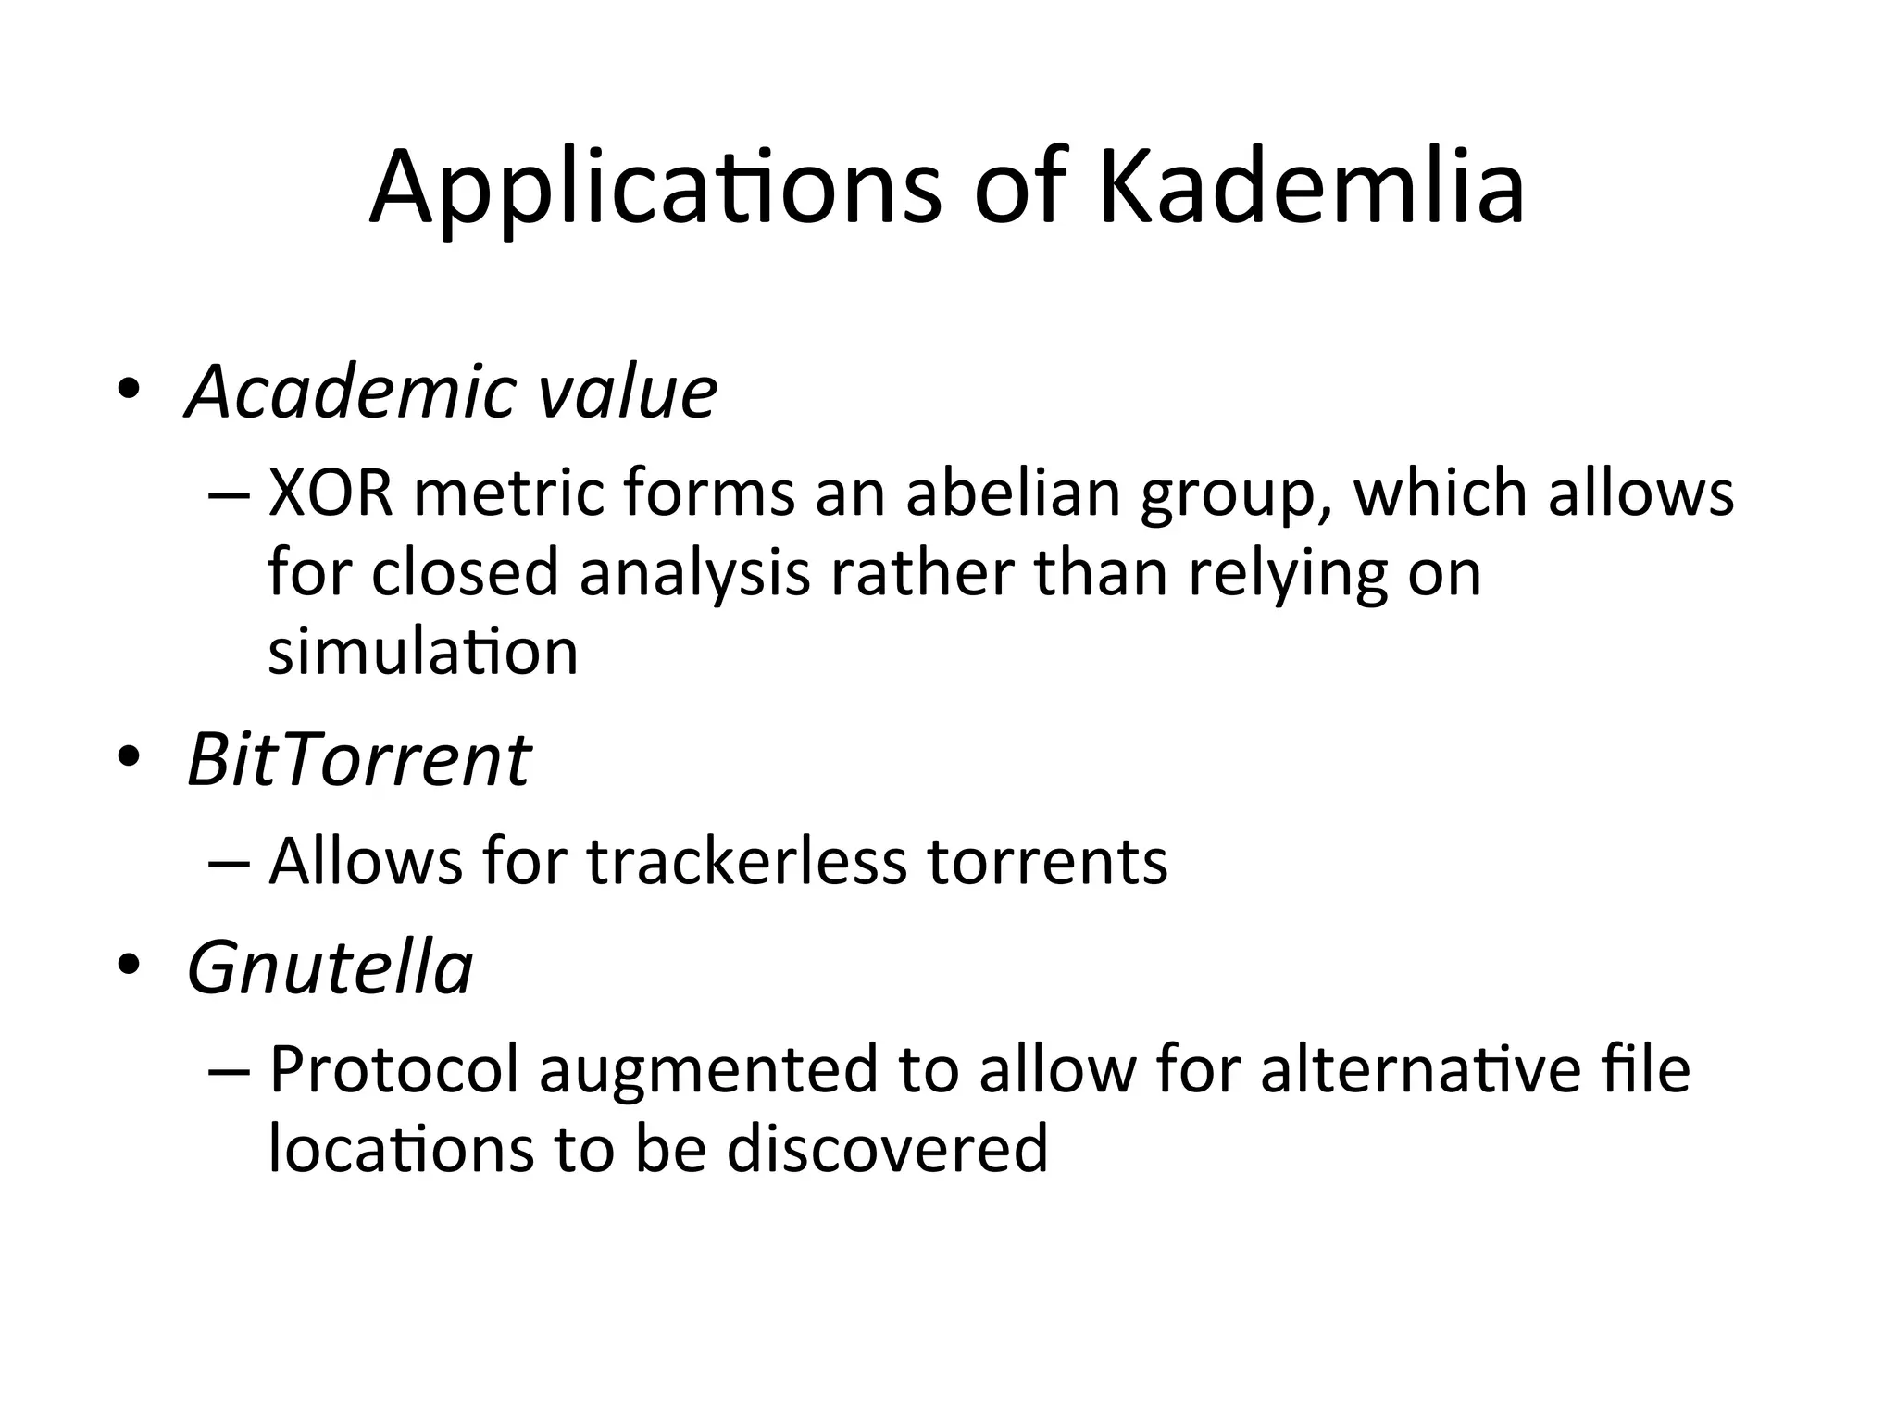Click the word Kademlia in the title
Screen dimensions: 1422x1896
pos(1311,188)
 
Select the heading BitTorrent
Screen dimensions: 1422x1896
pos(359,761)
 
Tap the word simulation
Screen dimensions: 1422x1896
pos(423,652)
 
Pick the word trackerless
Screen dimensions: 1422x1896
pos(746,862)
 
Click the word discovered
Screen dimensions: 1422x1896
pos(887,1149)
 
